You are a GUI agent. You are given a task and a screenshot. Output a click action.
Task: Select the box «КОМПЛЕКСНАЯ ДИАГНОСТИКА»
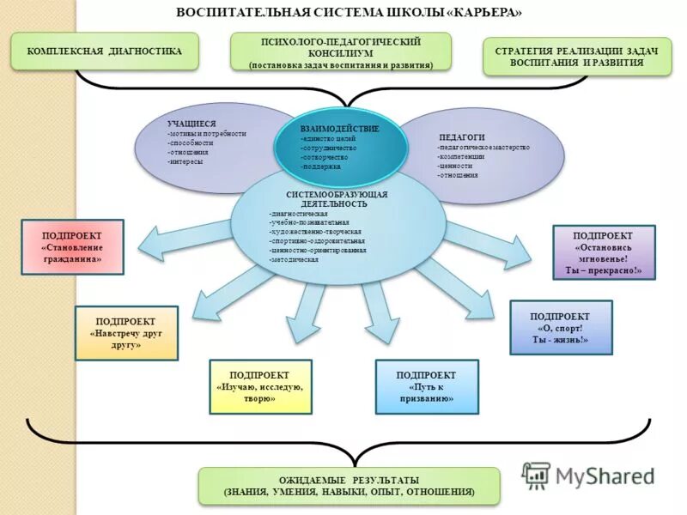point(105,51)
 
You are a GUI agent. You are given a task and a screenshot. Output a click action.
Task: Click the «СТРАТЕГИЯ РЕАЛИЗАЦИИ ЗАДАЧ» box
point(576,58)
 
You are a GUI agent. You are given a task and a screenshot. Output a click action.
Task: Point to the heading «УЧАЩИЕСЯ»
point(191,124)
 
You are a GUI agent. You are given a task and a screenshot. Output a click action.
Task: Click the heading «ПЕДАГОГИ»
point(462,137)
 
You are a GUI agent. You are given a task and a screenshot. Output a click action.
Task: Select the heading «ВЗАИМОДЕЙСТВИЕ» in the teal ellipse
point(339,128)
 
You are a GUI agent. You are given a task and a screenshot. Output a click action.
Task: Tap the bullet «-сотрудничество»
point(329,148)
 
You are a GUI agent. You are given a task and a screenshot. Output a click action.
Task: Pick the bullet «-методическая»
point(294,259)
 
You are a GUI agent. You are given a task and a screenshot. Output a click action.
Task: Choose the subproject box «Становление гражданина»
point(72,246)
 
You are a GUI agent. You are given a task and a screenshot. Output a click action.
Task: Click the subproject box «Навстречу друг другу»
point(126,333)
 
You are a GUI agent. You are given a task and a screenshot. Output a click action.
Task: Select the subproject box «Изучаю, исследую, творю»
point(260,387)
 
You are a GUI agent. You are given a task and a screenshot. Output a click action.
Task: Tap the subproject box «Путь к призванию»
point(426,387)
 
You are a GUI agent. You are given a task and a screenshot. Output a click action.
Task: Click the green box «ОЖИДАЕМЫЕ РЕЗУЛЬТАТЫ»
point(349,486)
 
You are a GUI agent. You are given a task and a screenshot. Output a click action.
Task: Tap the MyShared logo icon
point(537,475)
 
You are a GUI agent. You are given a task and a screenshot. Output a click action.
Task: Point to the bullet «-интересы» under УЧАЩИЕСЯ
point(186,161)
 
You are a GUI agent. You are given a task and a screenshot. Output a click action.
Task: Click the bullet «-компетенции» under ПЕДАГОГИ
point(461,157)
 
